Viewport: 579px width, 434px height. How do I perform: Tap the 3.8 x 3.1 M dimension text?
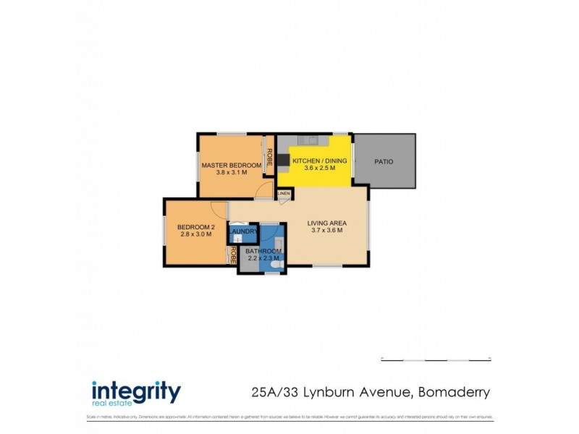(231, 174)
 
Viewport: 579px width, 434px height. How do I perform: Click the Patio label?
(384, 161)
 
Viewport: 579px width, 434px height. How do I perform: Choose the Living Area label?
(326, 222)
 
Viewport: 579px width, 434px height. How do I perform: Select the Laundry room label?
(245, 231)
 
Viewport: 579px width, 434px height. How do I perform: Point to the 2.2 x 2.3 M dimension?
(263, 258)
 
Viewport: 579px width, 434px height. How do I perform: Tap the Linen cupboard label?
(283, 194)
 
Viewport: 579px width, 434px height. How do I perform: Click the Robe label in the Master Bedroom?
(269, 157)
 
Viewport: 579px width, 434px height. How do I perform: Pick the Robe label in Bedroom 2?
(233, 255)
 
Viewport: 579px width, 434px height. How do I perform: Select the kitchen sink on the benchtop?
(309, 140)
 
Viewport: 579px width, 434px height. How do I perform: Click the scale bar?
(436, 359)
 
